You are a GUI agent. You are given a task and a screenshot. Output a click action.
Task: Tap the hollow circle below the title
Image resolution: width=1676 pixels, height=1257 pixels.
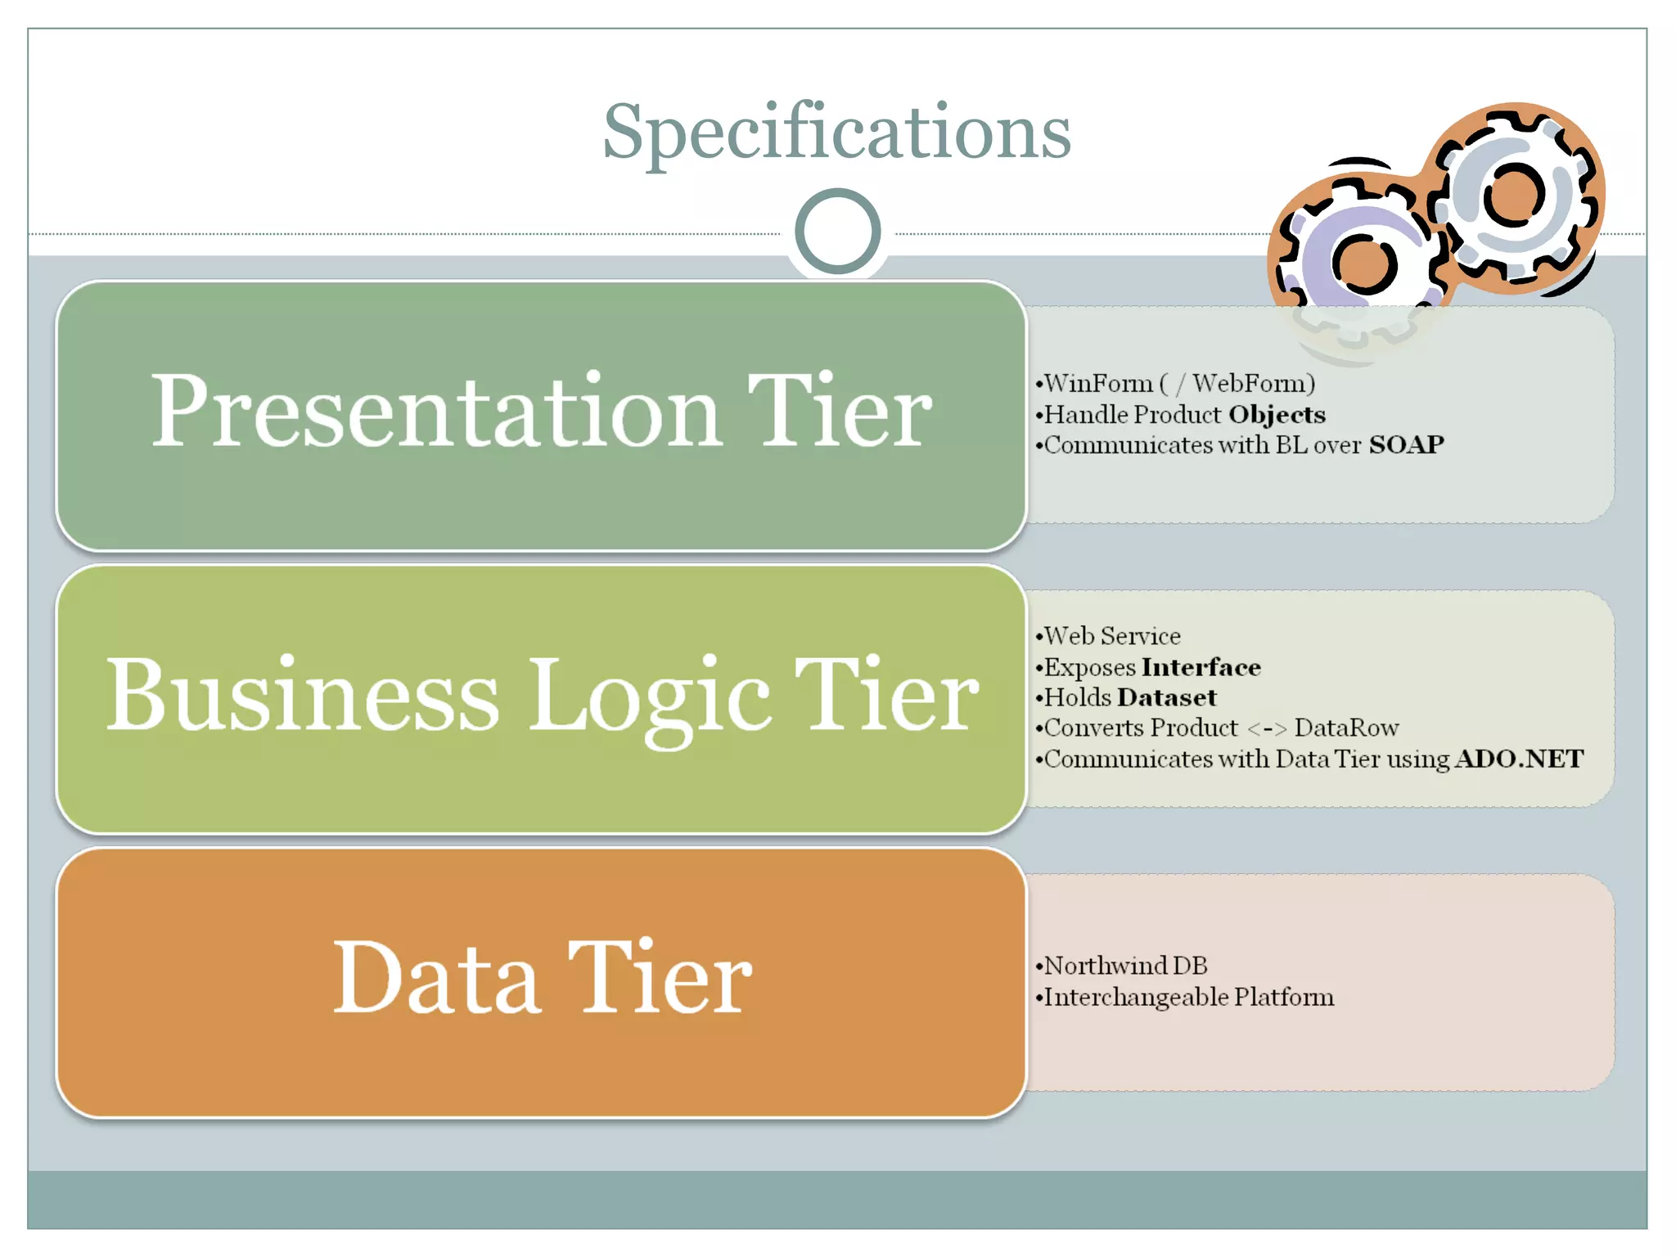pos(837,232)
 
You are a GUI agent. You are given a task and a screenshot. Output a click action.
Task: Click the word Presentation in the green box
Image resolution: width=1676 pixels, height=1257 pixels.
pos(435,411)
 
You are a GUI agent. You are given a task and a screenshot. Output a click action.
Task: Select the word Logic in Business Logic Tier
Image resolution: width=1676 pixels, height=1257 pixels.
pos(651,696)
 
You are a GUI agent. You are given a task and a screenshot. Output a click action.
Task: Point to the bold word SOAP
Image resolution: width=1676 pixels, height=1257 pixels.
pos(1406,444)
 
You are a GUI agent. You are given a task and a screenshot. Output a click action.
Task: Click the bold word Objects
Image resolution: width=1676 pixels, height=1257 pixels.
pos(1277,414)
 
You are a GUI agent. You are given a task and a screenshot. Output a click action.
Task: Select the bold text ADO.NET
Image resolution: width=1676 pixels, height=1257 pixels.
pos(1519,759)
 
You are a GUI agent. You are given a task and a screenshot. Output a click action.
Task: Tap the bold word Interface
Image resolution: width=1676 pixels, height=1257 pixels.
pos(1201,667)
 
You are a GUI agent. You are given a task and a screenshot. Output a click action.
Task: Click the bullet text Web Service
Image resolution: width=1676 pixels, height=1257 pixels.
pos(1112,636)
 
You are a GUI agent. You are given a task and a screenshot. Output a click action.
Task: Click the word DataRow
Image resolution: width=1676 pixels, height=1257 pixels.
pos(1346,728)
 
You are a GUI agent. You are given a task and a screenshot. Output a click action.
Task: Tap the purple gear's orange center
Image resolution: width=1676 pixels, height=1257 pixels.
pos(1363,264)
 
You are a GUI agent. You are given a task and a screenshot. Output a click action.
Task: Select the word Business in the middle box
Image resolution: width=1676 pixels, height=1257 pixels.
pos(303,696)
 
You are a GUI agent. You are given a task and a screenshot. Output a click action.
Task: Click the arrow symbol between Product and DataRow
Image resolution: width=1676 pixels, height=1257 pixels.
pos(1267,728)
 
